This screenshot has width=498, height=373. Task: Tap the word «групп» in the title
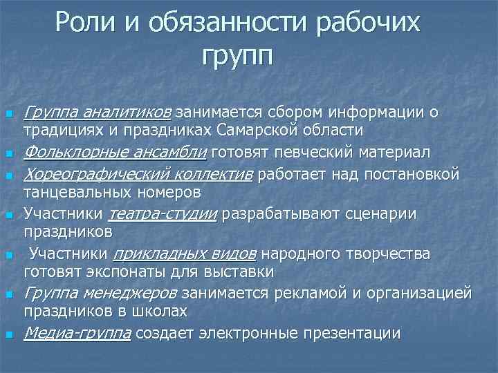point(238,53)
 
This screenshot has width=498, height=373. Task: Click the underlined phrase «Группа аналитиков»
point(98,113)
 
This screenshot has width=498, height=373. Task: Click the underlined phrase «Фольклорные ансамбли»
point(116,152)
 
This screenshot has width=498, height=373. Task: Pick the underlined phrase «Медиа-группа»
point(77,334)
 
